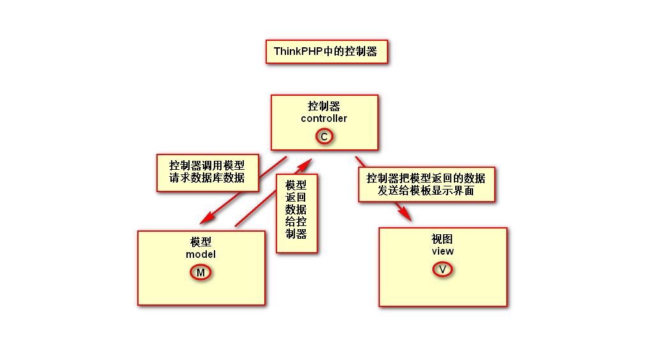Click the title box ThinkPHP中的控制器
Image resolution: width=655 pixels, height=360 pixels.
tap(326, 52)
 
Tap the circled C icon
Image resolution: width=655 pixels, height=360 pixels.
tap(324, 136)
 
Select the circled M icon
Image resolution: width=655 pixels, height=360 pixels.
tap(200, 273)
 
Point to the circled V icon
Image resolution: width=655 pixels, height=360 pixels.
tap(442, 269)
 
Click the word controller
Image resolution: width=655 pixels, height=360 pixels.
tap(324, 118)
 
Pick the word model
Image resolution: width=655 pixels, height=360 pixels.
tap(200, 254)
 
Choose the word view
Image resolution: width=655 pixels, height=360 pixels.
tap(442, 251)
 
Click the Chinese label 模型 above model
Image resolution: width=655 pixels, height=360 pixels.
tap(200, 242)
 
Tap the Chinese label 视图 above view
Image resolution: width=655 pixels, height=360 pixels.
tap(442, 239)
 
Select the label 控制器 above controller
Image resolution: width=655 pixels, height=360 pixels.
tap(324, 106)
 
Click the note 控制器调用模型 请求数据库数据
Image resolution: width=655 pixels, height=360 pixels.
tap(207, 172)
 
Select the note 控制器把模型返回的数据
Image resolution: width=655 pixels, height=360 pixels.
tap(426, 178)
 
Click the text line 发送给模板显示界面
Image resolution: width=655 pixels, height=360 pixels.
tap(426, 190)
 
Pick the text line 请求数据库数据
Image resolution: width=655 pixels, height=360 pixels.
tap(207, 178)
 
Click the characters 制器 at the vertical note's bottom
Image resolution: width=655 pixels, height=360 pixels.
tap(296, 234)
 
